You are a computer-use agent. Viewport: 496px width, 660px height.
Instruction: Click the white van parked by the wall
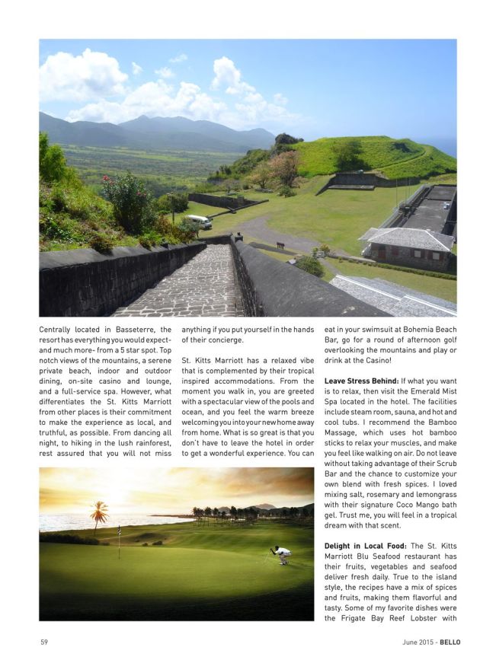(x=198, y=222)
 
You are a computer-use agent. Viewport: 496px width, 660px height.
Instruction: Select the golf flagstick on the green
(x=119, y=541)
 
